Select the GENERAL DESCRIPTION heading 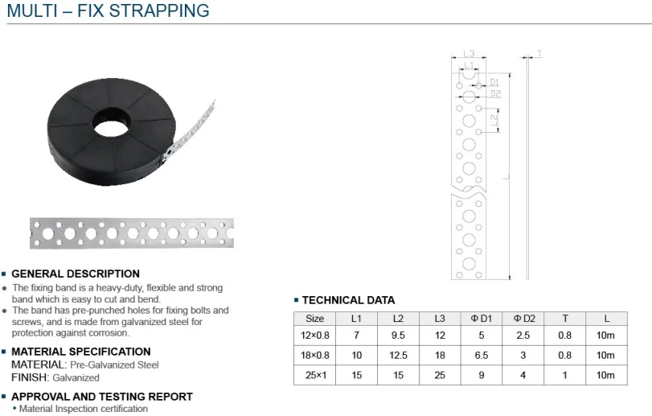76,274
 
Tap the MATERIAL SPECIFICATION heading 80,352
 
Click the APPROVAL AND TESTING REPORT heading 101,397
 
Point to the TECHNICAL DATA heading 348,300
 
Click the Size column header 314,319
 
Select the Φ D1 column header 481,319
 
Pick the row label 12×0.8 314,336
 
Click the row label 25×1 314,376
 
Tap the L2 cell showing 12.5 398,356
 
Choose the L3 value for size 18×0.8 439,356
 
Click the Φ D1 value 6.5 481,356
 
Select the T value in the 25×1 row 565,376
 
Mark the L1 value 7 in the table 356,336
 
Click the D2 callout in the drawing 495,94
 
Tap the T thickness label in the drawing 539,53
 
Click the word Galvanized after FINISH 76,377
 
